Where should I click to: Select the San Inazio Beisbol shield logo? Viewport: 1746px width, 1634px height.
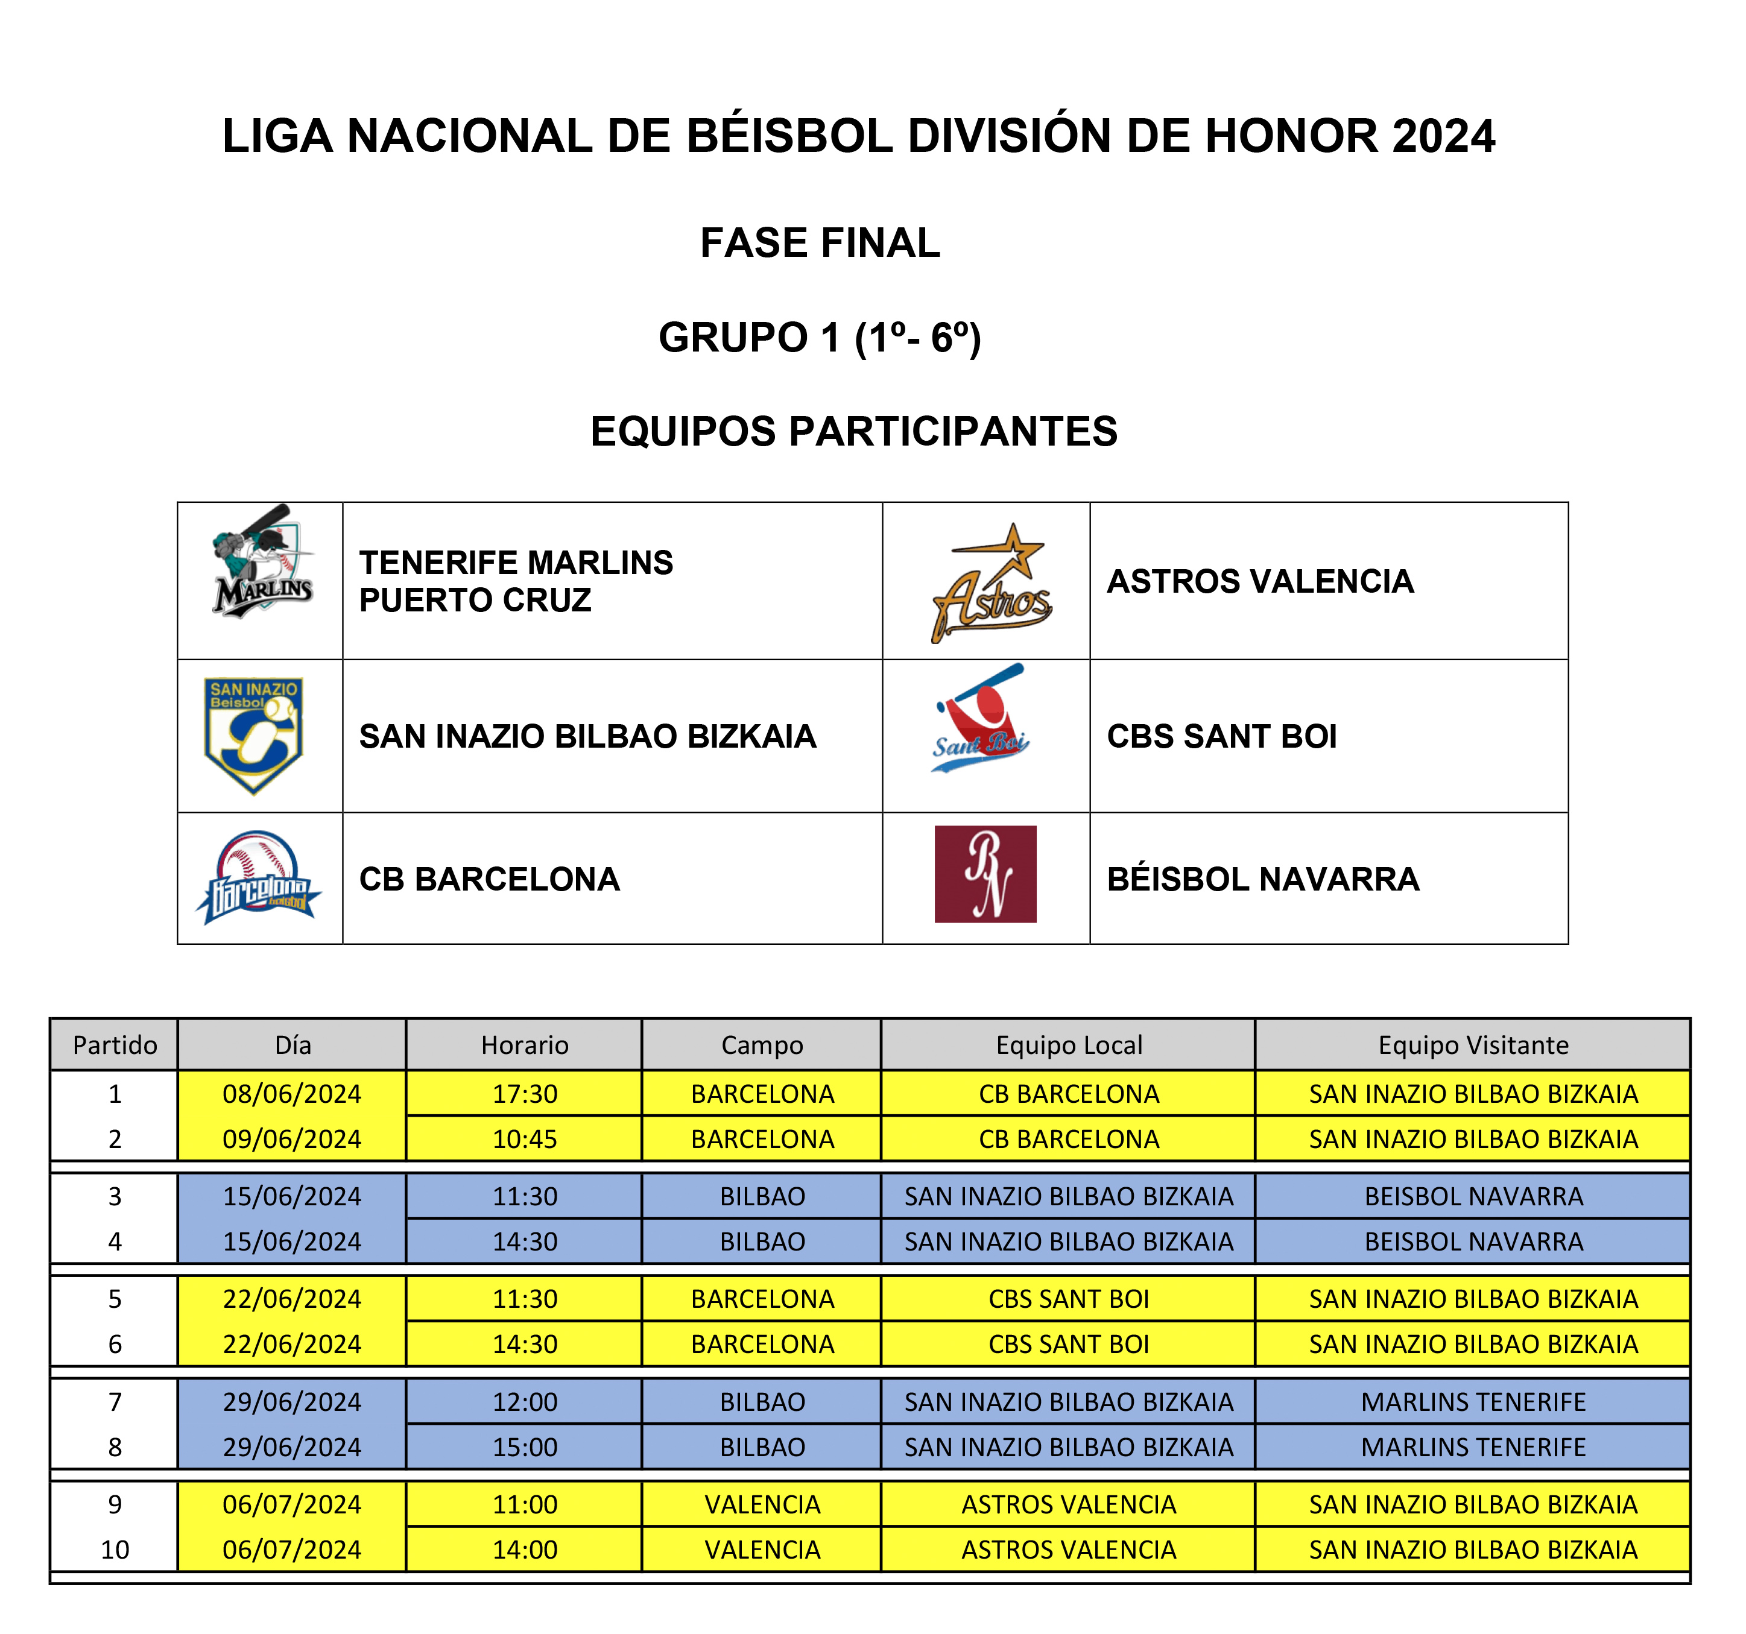[254, 736]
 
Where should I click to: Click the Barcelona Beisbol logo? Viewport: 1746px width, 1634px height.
[258, 878]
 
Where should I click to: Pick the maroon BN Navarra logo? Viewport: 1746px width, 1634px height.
[985, 874]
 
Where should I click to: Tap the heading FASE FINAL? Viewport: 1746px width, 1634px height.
[820, 243]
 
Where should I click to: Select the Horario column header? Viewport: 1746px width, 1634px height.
[524, 1045]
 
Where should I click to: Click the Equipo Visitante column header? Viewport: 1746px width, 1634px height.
[1473, 1045]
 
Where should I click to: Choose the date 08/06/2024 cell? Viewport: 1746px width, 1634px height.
[291, 1094]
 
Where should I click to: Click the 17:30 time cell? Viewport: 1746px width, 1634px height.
[524, 1094]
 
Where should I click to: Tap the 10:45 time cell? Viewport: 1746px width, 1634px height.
[524, 1140]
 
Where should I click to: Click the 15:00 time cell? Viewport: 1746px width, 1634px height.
[524, 1447]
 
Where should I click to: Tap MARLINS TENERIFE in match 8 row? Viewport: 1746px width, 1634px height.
[1473, 1447]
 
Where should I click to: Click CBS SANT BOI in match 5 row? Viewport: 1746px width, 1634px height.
[1068, 1299]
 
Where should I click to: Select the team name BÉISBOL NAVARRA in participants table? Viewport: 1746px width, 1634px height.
[1262, 879]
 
